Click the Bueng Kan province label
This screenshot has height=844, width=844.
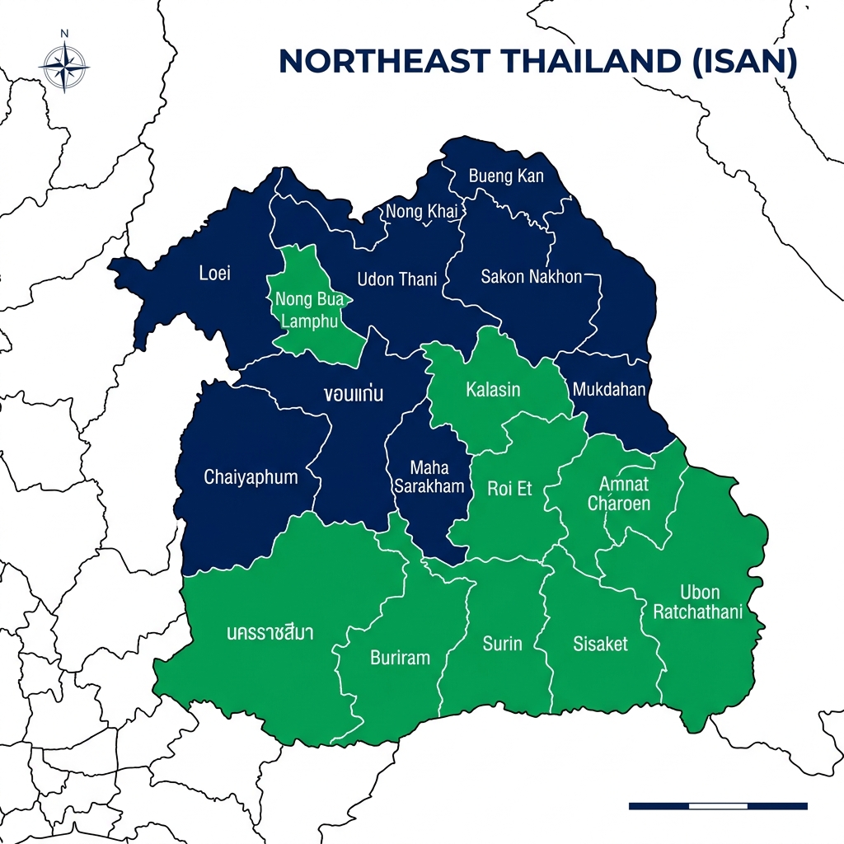(x=505, y=176)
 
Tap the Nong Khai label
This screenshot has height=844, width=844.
(x=421, y=212)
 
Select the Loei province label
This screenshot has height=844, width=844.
(x=215, y=274)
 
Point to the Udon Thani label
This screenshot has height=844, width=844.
(x=396, y=279)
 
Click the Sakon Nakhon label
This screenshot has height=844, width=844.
(x=531, y=277)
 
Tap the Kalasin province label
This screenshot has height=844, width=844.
(x=493, y=389)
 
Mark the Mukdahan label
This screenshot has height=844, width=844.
(x=608, y=389)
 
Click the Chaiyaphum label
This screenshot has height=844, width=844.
(x=251, y=477)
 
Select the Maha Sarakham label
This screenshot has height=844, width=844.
(x=429, y=478)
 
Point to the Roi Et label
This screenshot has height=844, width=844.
(x=509, y=489)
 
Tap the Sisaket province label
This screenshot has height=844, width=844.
(x=600, y=644)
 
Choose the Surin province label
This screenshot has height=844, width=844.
(x=502, y=644)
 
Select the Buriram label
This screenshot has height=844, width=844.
(x=400, y=658)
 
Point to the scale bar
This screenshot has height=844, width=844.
(x=717, y=805)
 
